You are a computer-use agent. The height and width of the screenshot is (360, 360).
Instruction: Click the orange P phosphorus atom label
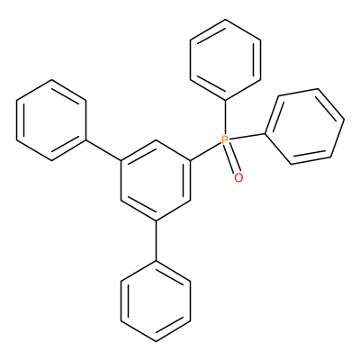[225, 140]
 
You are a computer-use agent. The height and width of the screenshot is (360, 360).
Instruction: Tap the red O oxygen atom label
[238, 178]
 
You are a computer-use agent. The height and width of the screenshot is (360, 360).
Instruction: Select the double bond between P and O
[232, 158]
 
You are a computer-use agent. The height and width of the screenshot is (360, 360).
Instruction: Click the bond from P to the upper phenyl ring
[226, 117]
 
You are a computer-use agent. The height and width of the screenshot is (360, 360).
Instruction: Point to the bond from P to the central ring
[206, 151]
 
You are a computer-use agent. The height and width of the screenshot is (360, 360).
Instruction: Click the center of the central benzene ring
[156, 181]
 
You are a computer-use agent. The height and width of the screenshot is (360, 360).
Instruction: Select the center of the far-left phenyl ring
[51, 121]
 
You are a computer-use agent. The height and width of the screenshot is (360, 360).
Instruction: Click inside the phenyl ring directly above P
[226, 59]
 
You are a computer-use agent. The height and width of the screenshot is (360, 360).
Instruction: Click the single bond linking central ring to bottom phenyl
[156, 241]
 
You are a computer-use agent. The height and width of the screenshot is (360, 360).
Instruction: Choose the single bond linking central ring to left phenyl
[103, 150]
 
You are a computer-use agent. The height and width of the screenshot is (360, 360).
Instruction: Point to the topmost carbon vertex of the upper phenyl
[226, 20]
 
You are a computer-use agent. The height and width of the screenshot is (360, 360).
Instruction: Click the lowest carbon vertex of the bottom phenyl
[156, 341]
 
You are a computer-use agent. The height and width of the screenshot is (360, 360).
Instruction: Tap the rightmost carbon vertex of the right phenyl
[344, 121]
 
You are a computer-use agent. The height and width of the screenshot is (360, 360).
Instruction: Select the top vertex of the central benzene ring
[156, 140]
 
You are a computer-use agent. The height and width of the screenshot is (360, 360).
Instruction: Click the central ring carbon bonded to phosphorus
[191, 160]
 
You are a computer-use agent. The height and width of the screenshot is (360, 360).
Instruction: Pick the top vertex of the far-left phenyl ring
[51, 80]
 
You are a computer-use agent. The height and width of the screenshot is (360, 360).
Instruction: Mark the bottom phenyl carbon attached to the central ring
[156, 261]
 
